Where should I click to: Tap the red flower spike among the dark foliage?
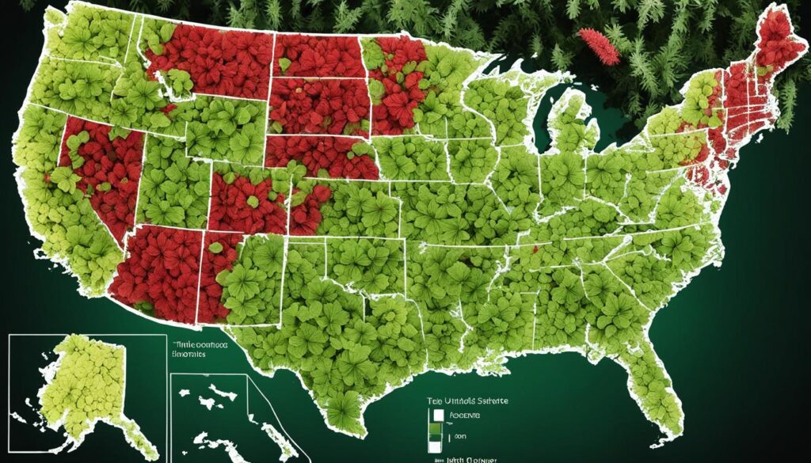point(600,46)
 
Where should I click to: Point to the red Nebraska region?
point(325,154)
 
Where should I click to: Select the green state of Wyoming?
point(222,131)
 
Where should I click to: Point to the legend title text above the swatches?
point(467,401)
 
